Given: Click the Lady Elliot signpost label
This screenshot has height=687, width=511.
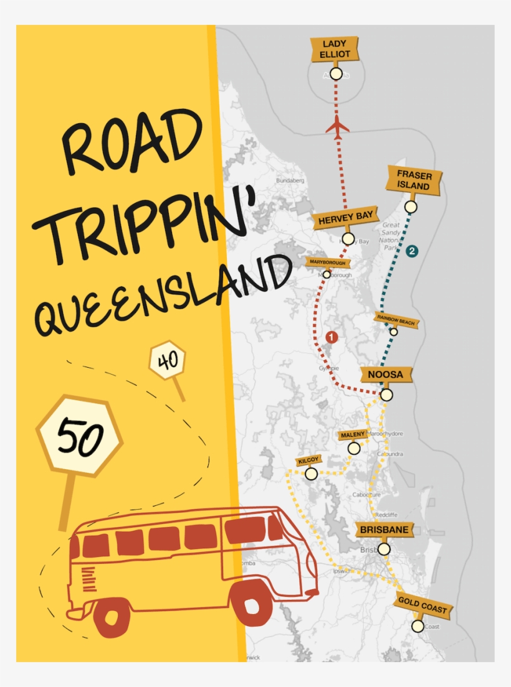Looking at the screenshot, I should [x=336, y=49].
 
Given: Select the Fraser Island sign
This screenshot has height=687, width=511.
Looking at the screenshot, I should [x=414, y=180].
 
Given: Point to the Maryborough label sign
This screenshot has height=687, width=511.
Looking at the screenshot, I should [x=327, y=263].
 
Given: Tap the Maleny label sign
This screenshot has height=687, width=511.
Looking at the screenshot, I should [x=353, y=434].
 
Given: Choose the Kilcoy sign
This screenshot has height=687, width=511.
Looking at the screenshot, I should [x=308, y=460].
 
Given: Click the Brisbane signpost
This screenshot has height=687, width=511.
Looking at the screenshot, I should [x=384, y=530].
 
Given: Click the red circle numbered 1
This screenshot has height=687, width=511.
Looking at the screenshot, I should [x=332, y=337].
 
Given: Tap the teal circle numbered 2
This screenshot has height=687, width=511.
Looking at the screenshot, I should [x=411, y=251].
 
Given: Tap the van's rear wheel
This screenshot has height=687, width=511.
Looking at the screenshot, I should [x=112, y=617].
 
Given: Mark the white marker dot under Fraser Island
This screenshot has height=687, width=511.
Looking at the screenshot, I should [x=410, y=207].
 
